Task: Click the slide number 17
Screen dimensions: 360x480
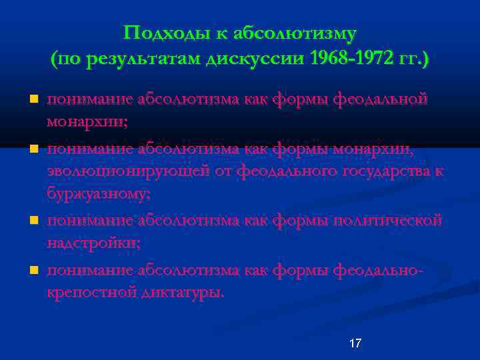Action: (355, 343)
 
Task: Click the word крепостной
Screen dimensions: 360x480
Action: (91, 292)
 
